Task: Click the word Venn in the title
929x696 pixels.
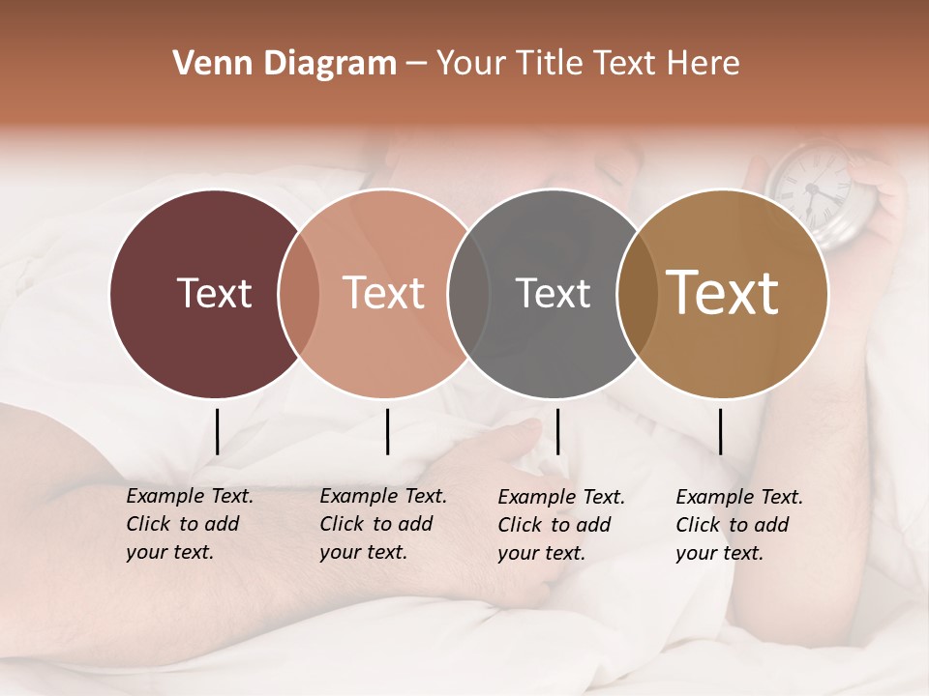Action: pos(204,64)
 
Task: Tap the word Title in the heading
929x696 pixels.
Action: pos(551,64)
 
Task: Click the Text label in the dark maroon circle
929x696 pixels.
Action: pos(214,293)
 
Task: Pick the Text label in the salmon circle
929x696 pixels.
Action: pos(383,293)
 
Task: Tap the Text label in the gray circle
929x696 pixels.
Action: pos(553,293)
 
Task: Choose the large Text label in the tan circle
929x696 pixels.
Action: pos(722,292)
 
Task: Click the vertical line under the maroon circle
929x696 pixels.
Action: pos(217,431)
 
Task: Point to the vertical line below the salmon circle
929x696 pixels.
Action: pos(387,431)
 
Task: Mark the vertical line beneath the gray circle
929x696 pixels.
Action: pos(557,431)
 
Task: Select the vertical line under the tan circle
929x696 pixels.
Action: pos(720,431)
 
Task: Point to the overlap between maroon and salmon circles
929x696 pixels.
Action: pos(299,293)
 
